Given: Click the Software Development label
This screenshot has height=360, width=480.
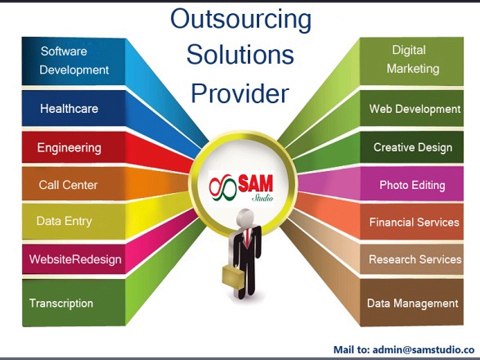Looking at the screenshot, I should pyautogui.click(x=73, y=60).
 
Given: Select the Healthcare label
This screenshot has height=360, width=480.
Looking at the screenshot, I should pyautogui.click(x=68, y=108).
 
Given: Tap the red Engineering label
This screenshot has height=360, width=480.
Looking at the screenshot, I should pyautogui.click(x=69, y=148).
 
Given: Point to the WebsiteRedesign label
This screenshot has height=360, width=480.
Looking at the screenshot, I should pyautogui.click(x=75, y=260).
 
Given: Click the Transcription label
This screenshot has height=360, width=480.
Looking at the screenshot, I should pyautogui.click(x=61, y=303).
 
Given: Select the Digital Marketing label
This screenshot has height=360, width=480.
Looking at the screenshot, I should pyautogui.click(x=414, y=59).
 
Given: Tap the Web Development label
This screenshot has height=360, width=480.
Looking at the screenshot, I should pyautogui.click(x=414, y=108).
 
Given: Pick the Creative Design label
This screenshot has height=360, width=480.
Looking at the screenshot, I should pyautogui.click(x=413, y=147).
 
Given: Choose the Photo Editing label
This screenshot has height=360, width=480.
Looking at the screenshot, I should pyautogui.click(x=412, y=185).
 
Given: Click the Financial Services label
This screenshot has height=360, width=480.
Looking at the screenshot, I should pyautogui.click(x=414, y=222).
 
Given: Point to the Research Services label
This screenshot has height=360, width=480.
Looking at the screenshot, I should pyautogui.click(x=414, y=260).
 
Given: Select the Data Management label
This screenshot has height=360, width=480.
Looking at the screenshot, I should pyautogui.click(x=412, y=303).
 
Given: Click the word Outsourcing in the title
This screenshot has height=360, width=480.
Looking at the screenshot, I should pyautogui.click(x=240, y=19).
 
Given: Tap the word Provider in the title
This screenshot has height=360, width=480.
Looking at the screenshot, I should pyautogui.click(x=240, y=93).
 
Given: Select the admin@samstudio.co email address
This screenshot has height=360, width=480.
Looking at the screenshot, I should pyautogui.click(x=417, y=349).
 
